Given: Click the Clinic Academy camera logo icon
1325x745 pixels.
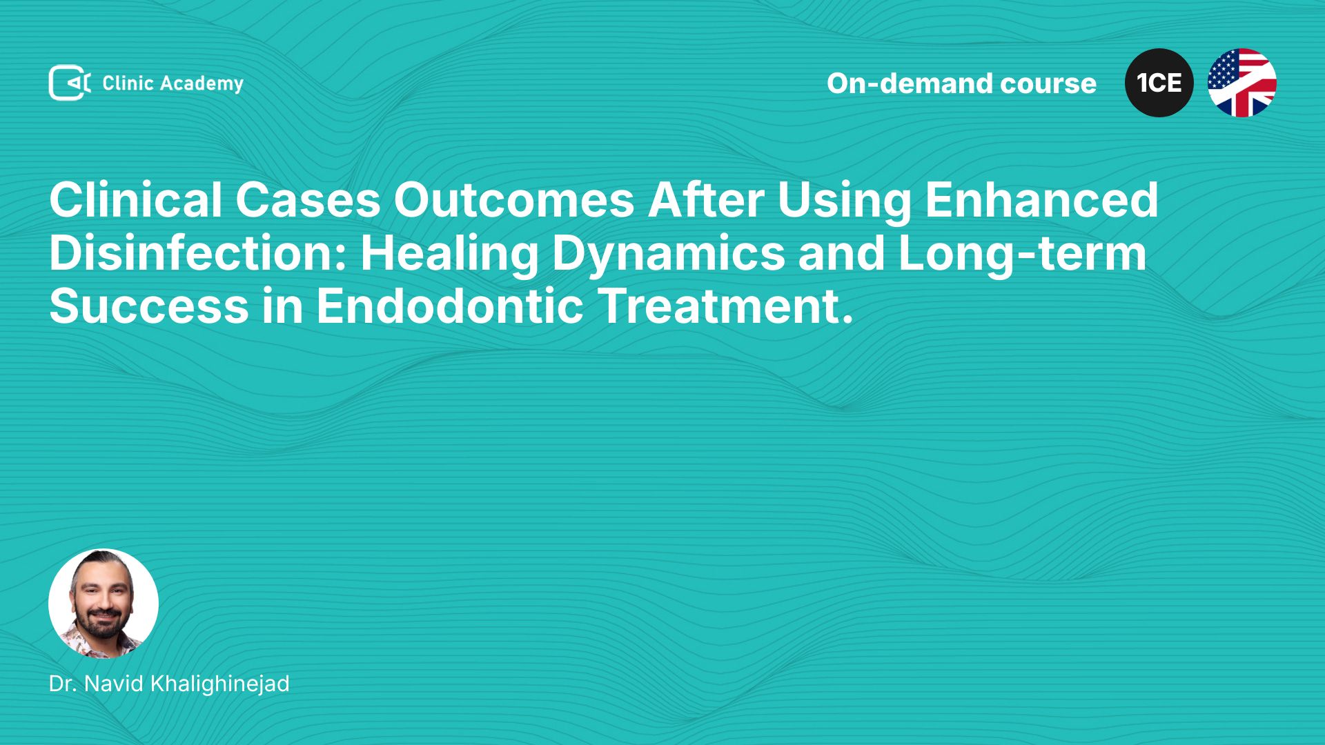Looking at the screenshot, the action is (69, 83).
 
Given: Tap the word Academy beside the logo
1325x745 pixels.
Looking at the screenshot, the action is (202, 84).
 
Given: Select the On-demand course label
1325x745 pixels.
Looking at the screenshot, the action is (961, 83).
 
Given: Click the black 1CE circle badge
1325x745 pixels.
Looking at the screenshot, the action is (1159, 83).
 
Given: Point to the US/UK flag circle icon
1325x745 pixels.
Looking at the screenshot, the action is (1242, 83).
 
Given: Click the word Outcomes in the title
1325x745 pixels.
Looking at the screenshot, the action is (513, 200).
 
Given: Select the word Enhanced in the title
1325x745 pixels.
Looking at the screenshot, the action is (1041, 200).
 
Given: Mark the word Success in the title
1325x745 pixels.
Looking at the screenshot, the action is (149, 306).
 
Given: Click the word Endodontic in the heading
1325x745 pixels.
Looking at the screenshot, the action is (450, 306).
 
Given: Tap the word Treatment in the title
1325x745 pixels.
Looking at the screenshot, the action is (719, 306).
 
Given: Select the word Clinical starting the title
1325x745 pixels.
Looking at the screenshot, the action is (135, 200).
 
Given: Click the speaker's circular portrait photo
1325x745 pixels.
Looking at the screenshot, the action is (104, 604).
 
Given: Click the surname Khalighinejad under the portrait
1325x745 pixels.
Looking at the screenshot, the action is (219, 684).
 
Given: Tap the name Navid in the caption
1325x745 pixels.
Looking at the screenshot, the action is (114, 684).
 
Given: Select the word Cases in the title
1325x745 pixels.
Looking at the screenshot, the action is (308, 200).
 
